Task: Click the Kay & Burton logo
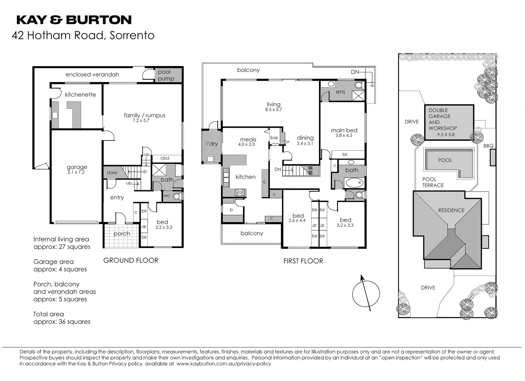[x=74, y=20]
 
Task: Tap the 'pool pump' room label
[x=166, y=75]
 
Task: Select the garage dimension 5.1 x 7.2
[x=77, y=173]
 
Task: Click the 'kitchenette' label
[x=80, y=95]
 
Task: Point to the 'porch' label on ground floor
[x=122, y=234]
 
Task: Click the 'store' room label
[x=112, y=173]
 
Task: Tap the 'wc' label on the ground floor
[x=167, y=195]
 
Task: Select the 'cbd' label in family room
[x=165, y=158]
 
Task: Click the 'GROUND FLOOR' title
[x=131, y=260]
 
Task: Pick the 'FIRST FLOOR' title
[x=303, y=261]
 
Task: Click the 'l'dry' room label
[x=212, y=144]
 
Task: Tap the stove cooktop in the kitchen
[x=240, y=193]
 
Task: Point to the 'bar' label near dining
[x=274, y=138]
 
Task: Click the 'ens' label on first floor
[x=340, y=92]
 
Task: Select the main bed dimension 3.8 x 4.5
[x=344, y=135]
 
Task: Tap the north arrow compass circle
[x=366, y=293]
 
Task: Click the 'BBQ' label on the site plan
[x=488, y=146]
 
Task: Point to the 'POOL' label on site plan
[x=445, y=160]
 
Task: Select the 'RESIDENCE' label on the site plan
[x=451, y=210]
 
